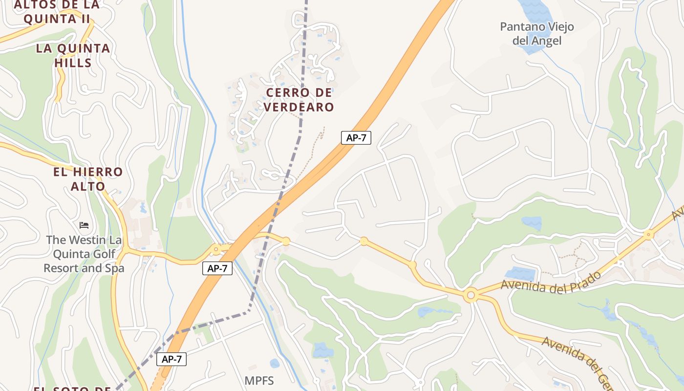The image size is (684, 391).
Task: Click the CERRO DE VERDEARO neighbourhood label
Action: [299, 99]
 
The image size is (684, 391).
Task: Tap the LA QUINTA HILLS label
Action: [73, 55]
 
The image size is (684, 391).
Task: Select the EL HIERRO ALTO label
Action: [88, 179]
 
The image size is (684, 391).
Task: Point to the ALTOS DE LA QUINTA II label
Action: [57, 12]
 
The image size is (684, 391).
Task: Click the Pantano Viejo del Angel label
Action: [536, 34]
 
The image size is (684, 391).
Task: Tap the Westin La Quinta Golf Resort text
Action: [84, 254]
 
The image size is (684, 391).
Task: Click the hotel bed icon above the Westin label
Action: [84, 225]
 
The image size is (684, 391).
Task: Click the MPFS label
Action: [259, 381]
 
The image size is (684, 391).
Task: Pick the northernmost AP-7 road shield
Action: [356, 138]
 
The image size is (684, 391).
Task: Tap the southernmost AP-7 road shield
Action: [171, 359]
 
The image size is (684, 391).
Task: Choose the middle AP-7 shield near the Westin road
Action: [217, 268]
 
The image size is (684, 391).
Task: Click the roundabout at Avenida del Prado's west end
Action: [471, 295]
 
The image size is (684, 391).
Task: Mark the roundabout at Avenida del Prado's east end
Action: [649, 235]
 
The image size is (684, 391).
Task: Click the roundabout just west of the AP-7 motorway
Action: [215, 250]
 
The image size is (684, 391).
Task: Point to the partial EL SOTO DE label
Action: [73, 389]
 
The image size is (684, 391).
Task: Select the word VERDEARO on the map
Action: [299, 107]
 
